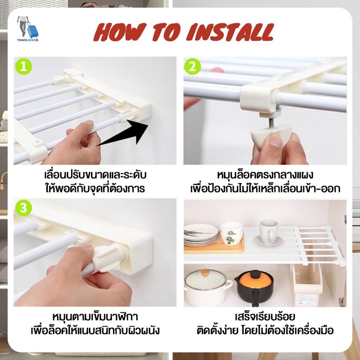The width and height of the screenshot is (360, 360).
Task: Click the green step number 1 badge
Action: click(x=24, y=66)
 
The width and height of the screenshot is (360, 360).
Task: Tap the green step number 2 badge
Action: click(x=192, y=66)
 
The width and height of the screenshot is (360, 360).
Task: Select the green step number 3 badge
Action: click(x=24, y=208)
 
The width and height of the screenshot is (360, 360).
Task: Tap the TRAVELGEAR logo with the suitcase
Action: click(x=27, y=29)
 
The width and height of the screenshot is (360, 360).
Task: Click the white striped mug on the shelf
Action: click(x=268, y=232)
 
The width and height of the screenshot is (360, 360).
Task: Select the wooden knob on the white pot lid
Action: click(x=205, y=273)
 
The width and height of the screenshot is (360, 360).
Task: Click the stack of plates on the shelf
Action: click(x=201, y=234)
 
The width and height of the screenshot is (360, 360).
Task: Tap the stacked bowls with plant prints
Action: click(x=231, y=233)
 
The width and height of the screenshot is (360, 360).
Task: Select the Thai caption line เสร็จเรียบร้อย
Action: click(x=265, y=317)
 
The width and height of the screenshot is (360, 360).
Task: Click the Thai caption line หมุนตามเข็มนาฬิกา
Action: click(x=95, y=317)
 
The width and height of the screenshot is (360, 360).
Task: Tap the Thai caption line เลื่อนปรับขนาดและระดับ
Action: click(x=95, y=175)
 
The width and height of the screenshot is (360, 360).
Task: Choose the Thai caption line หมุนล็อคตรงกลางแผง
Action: click(x=265, y=175)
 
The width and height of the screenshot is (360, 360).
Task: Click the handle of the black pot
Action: click(x=256, y=298)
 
